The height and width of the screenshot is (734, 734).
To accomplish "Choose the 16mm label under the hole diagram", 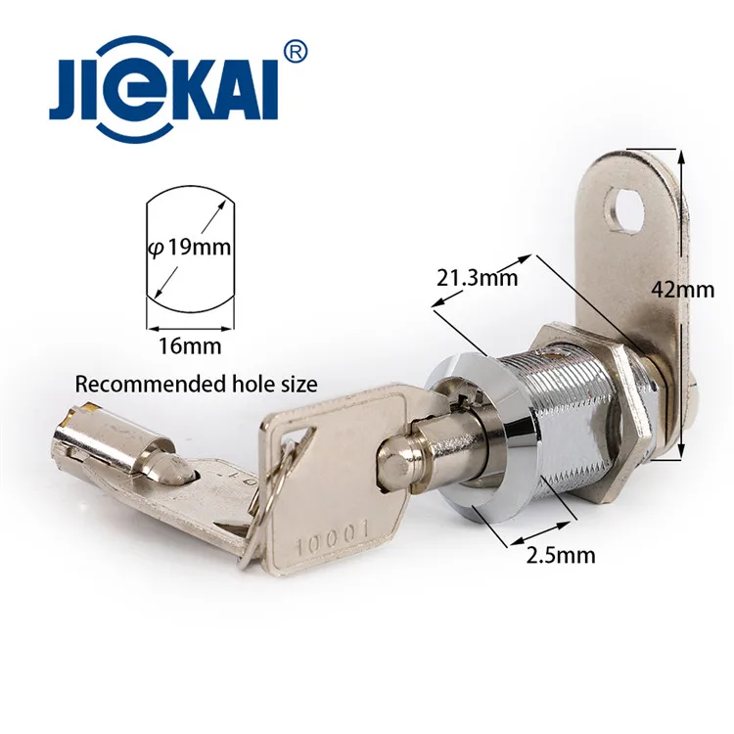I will coord(189,344).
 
